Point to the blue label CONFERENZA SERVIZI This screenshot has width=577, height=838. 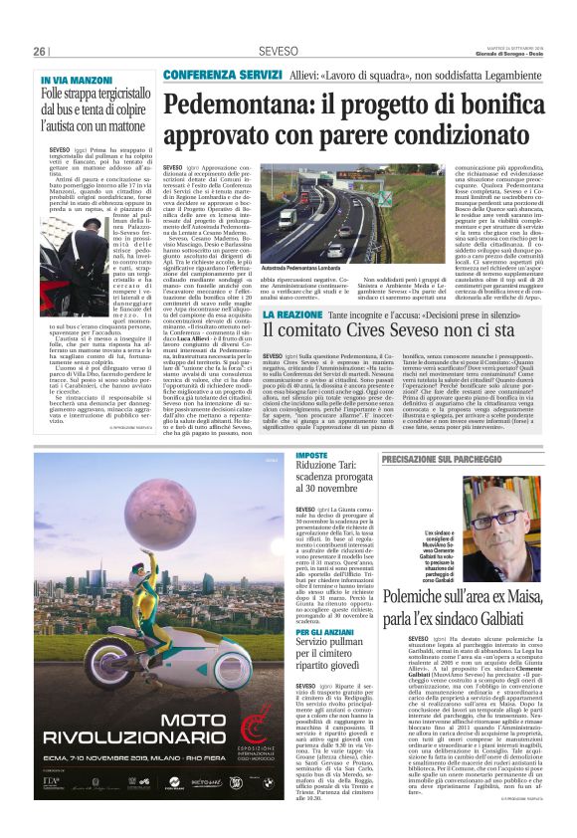[x=207, y=75]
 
